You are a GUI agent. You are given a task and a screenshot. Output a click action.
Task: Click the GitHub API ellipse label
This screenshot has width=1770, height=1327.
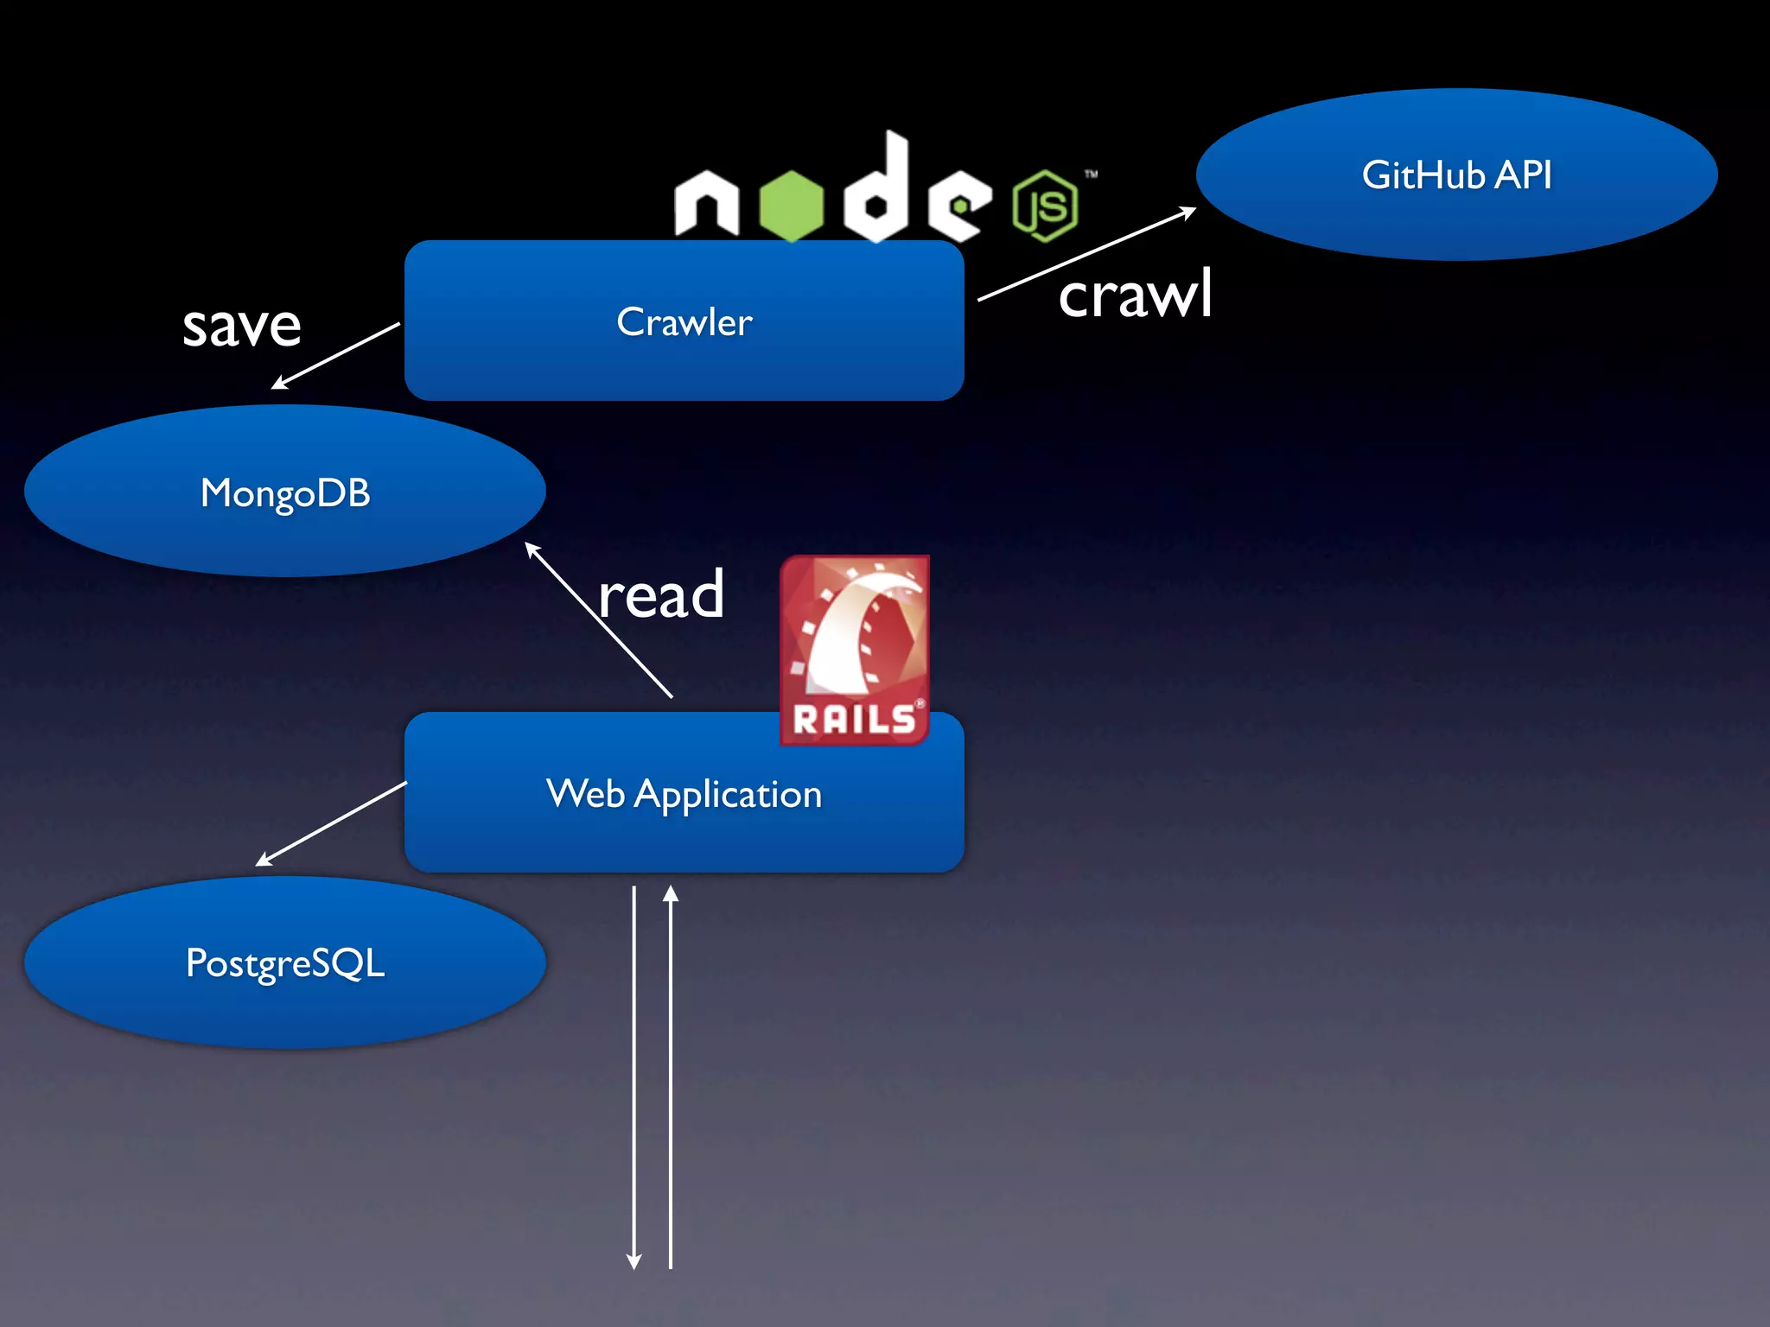pos(1456,175)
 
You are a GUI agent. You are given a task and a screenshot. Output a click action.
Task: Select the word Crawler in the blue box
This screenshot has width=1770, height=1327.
pos(684,322)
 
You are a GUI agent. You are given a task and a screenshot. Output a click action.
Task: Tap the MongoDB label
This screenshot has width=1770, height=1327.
pos(285,493)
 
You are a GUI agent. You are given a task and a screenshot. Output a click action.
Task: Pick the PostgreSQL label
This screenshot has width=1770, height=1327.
pos(285,963)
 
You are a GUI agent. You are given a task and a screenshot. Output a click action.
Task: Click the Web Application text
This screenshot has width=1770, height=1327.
pos(684,794)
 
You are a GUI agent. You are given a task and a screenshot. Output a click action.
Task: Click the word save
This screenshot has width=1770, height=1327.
pos(242,326)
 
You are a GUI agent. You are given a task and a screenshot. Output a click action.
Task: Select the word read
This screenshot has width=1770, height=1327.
pos(661,595)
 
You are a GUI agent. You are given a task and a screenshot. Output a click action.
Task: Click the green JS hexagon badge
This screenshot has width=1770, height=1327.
pos(1046,206)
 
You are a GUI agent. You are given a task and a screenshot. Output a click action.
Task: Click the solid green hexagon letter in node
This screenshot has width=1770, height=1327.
pos(792,205)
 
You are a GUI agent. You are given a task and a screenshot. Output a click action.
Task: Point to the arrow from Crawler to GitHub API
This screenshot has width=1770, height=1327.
pos(1087,254)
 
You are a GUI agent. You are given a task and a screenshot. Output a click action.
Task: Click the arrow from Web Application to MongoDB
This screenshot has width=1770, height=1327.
pos(598,619)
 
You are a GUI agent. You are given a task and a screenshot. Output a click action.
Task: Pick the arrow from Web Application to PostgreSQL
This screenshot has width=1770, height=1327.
pos(331,824)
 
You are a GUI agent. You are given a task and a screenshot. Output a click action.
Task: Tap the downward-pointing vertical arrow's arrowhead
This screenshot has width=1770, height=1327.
pos(634,1261)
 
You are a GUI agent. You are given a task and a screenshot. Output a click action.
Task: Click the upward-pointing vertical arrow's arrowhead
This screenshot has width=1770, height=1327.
pos(671,894)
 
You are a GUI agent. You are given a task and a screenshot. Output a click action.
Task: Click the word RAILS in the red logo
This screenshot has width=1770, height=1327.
pos(853,720)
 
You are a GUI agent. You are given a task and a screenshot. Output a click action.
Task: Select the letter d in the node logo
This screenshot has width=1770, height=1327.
pos(878,190)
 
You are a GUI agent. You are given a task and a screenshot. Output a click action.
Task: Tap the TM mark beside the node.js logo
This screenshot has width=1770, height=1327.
pos(1092,175)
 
